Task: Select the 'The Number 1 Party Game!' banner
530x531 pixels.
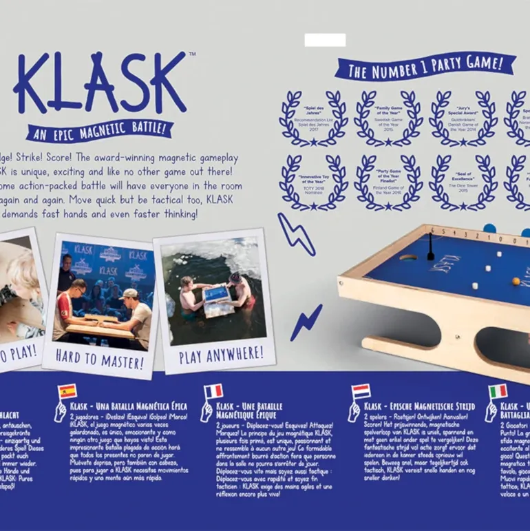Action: click(x=425, y=67)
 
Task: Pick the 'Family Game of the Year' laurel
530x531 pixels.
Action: click(x=388, y=118)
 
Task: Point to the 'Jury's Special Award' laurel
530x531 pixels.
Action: click(x=463, y=118)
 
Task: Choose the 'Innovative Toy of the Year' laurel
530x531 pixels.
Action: click(x=313, y=182)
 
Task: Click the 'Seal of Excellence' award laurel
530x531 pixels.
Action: click(x=463, y=182)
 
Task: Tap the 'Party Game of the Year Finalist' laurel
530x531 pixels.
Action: click(x=388, y=182)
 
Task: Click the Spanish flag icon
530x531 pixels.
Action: click(x=67, y=392)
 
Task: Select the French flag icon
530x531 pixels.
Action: click(x=213, y=391)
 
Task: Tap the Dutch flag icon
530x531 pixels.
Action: click(x=361, y=391)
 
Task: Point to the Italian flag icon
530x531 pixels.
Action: click(x=498, y=391)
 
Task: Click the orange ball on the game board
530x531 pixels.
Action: click(x=516, y=281)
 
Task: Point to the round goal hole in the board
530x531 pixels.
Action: click(x=407, y=259)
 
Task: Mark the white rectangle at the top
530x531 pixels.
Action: click(x=325, y=40)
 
